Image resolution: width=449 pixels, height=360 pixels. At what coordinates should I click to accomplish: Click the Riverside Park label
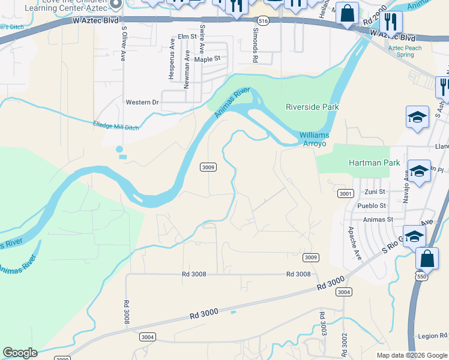(312, 107)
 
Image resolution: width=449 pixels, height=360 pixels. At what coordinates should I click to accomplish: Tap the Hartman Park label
(370, 163)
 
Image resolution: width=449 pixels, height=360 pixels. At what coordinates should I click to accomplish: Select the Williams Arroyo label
(313, 140)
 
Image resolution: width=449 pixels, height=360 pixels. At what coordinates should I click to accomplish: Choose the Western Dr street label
(142, 102)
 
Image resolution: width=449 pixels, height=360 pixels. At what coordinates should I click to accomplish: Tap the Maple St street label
(211, 59)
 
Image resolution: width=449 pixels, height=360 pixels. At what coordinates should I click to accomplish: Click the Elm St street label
(187, 37)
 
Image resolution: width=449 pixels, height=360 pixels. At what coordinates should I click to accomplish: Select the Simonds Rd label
(255, 45)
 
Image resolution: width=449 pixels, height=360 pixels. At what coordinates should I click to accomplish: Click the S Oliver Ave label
(124, 43)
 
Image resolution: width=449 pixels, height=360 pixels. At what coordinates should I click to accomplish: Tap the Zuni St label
(375, 191)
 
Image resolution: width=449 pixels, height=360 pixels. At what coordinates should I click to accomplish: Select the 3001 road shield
(345, 193)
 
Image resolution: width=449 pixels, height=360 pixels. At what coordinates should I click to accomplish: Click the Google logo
(20, 353)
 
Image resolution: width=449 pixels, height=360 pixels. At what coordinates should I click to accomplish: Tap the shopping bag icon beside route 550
(427, 259)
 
